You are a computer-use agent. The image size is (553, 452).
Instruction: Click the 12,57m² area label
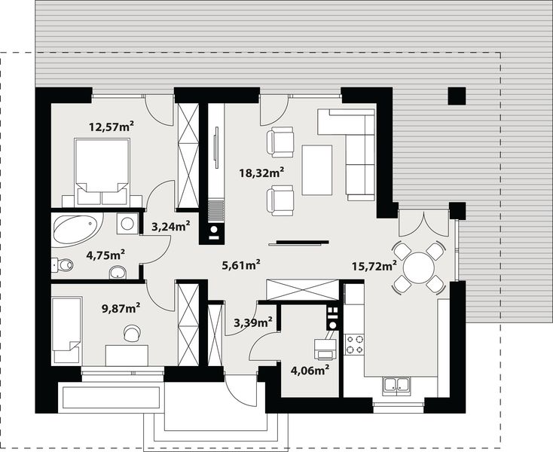tap(111, 126)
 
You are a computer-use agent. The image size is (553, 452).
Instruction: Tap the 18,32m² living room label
tap(261, 173)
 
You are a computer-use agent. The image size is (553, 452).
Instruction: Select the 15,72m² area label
tap(374, 265)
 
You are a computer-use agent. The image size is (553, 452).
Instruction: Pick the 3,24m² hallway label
tap(171, 225)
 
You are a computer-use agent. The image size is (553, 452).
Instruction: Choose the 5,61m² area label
tap(241, 264)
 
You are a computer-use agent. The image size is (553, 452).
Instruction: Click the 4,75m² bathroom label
tap(106, 255)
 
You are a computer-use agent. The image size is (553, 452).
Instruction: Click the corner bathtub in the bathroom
tap(76, 229)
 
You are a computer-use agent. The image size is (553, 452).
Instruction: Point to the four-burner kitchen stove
tap(354, 344)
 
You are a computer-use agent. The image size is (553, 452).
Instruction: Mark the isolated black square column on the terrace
tap(457, 96)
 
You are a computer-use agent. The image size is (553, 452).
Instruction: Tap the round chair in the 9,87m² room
tap(132, 332)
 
